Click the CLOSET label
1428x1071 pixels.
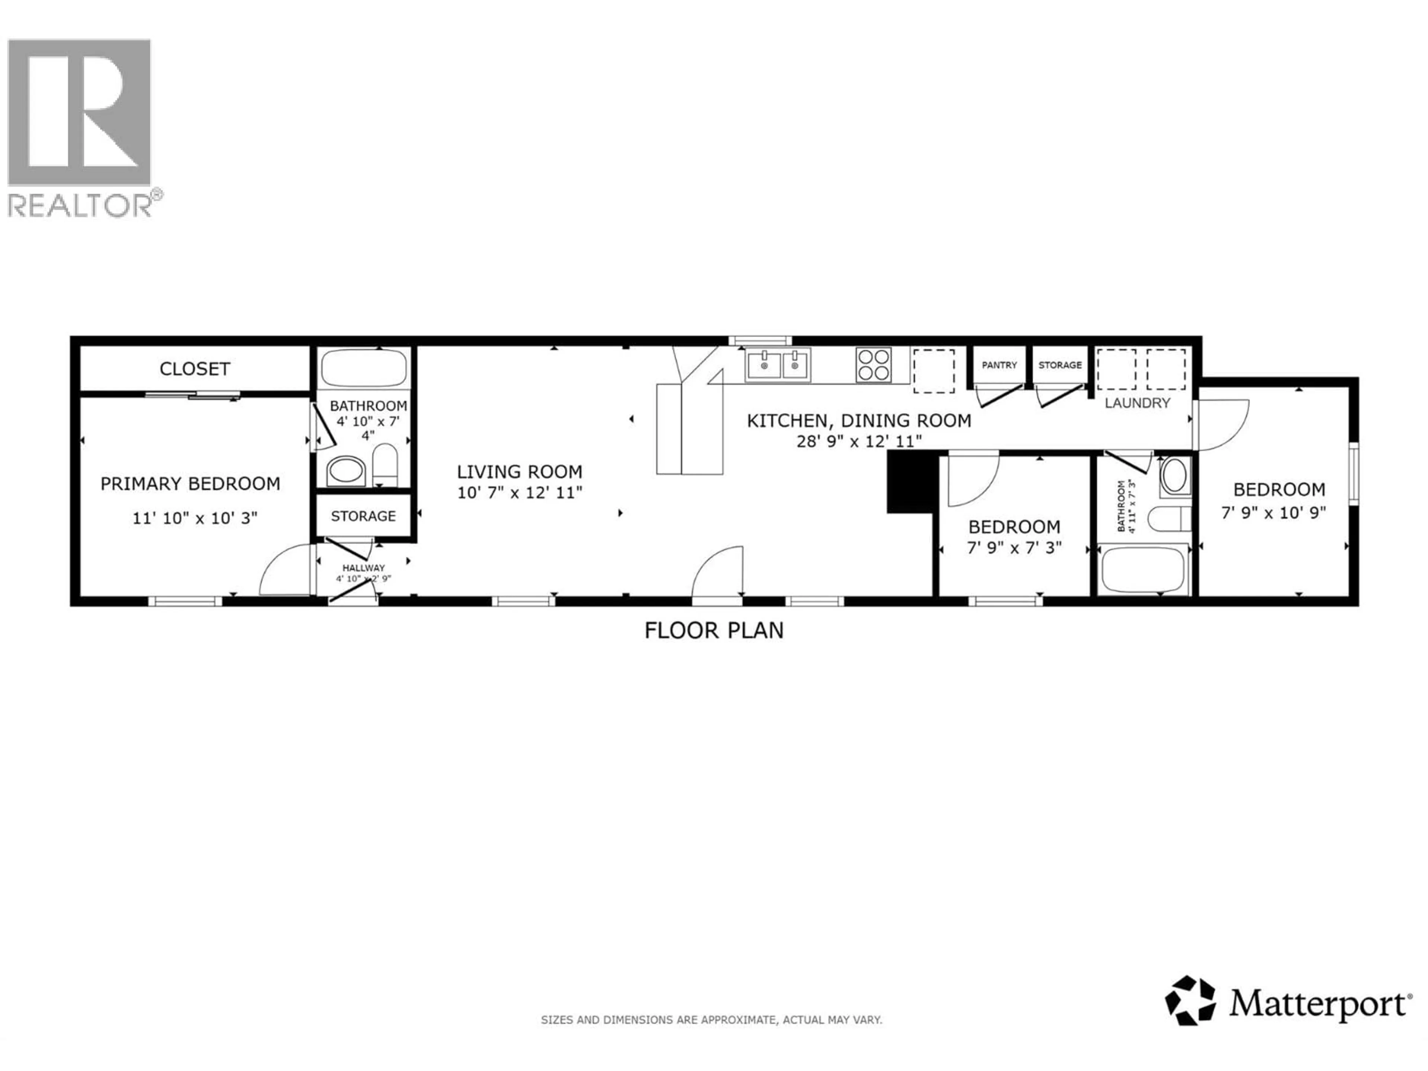194,369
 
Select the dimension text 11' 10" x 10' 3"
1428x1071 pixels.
194,518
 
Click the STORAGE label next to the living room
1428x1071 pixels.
363,516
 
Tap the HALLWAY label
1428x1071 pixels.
363,567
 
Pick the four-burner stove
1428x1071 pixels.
874,365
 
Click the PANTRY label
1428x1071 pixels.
999,365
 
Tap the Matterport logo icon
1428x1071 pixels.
1190,1000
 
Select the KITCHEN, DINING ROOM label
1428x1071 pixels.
859,421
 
